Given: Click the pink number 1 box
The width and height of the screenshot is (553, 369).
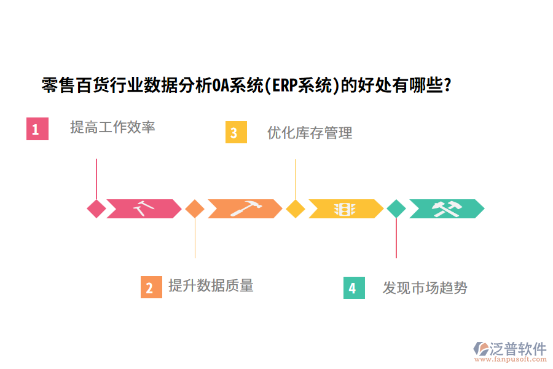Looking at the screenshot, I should [37, 129].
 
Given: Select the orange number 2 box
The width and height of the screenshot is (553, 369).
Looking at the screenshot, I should [151, 287].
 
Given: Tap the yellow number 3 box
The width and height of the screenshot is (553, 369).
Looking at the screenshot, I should [235, 132].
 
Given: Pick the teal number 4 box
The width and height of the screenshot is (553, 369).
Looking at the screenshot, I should [353, 288].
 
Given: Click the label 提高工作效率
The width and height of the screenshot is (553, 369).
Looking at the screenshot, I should [112, 127].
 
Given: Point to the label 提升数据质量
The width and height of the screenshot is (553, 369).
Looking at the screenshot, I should [211, 285].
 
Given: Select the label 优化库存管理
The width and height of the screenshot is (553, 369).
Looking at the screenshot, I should [310, 132].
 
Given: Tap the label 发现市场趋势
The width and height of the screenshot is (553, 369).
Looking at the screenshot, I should [425, 288].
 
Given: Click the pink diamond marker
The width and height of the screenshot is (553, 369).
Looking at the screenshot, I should [96, 208].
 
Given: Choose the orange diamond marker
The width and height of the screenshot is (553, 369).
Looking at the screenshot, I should [195, 208].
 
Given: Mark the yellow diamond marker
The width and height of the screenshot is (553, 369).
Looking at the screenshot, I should [296, 208].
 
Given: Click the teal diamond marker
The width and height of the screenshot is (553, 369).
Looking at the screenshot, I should [396, 208].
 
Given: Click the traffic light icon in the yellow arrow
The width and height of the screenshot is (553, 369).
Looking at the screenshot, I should [345, 209].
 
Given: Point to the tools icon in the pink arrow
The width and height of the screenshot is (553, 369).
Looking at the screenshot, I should [144, 208].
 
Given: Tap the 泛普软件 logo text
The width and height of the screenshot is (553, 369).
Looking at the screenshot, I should [517, 349].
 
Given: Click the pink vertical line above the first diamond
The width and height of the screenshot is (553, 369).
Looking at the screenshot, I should [96, 178].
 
